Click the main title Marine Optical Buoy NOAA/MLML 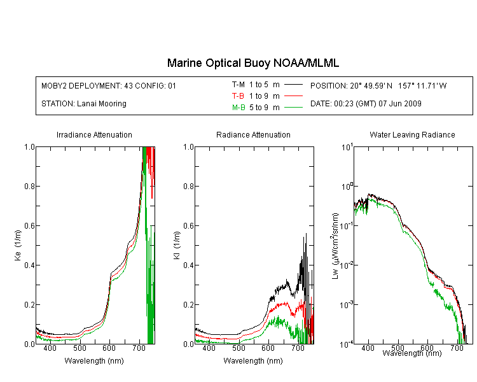252,63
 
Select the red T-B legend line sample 294,96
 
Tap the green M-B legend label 238,108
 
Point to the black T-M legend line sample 294,85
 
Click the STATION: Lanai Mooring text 84,104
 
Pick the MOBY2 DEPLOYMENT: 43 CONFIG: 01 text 109,86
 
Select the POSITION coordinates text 378,86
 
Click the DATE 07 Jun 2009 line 366,104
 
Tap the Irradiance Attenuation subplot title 94,135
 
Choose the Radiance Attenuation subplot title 253,135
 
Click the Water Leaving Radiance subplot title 412,135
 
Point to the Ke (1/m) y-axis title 18,245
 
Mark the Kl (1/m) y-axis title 177,246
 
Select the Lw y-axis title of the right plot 335,246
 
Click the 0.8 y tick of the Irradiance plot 29,186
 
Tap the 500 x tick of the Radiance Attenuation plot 238,348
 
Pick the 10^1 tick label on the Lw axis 347,147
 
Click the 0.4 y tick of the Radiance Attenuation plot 189,265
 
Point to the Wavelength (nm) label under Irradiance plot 94,361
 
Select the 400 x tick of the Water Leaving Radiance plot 368,348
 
